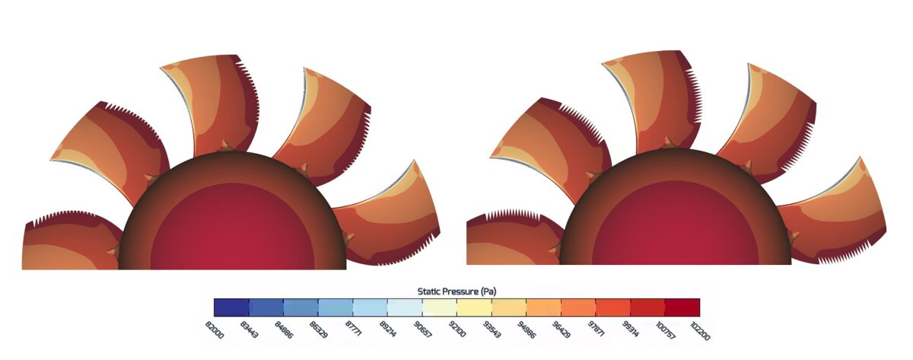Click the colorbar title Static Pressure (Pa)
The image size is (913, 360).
(456, 291)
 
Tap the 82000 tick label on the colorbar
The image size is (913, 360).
(215, 329)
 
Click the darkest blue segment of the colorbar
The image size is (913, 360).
(231, 307)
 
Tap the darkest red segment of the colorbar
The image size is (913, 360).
(682, 307)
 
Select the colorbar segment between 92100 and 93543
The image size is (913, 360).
(474, 307)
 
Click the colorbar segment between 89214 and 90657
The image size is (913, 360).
(405, 307)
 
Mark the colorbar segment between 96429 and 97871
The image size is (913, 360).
(578, 307)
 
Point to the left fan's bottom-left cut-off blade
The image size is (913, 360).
(65, 244)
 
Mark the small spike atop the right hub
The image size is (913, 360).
(669, 142)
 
